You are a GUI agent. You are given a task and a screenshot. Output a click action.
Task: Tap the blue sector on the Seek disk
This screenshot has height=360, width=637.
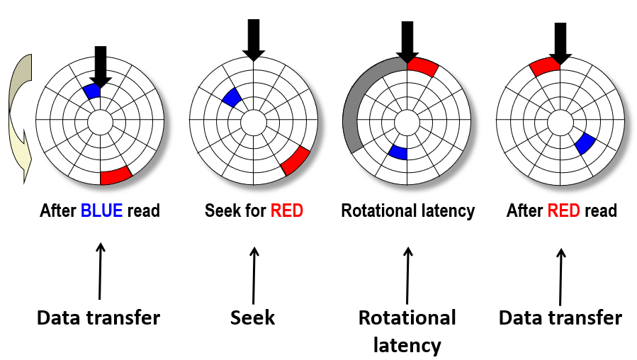click(231, 98)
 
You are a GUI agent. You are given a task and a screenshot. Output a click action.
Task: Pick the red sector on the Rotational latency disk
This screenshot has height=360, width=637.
click(424, 67)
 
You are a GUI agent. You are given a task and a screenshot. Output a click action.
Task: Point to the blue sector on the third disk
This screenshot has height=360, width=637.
click(398, 152)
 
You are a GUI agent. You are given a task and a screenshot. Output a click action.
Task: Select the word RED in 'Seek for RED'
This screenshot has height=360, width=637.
click(287, 210)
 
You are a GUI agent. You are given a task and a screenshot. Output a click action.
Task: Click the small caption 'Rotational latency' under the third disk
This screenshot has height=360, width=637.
click(407, 210)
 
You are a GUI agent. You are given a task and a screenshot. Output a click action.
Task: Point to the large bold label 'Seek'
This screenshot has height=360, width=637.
click(253, 317)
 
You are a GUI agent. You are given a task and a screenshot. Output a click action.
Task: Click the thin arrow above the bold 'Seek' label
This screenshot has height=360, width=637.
click(254, 272)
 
